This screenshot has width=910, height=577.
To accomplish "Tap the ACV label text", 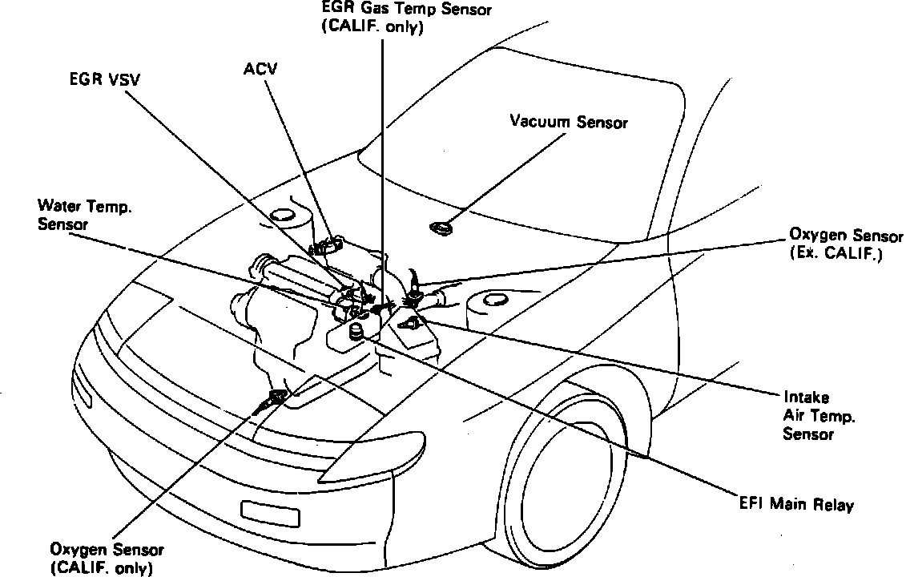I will pos(260,69).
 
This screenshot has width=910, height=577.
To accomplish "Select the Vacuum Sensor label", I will pos(569,122).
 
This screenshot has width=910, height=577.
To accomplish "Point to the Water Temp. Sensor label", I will pos(84,216).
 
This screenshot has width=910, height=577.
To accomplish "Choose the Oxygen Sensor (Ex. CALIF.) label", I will pos(836,244).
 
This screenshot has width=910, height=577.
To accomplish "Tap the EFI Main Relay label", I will pos(796,506).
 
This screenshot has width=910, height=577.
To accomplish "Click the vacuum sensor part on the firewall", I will pos(441,229).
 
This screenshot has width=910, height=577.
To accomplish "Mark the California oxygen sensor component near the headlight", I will pos(276,397).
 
